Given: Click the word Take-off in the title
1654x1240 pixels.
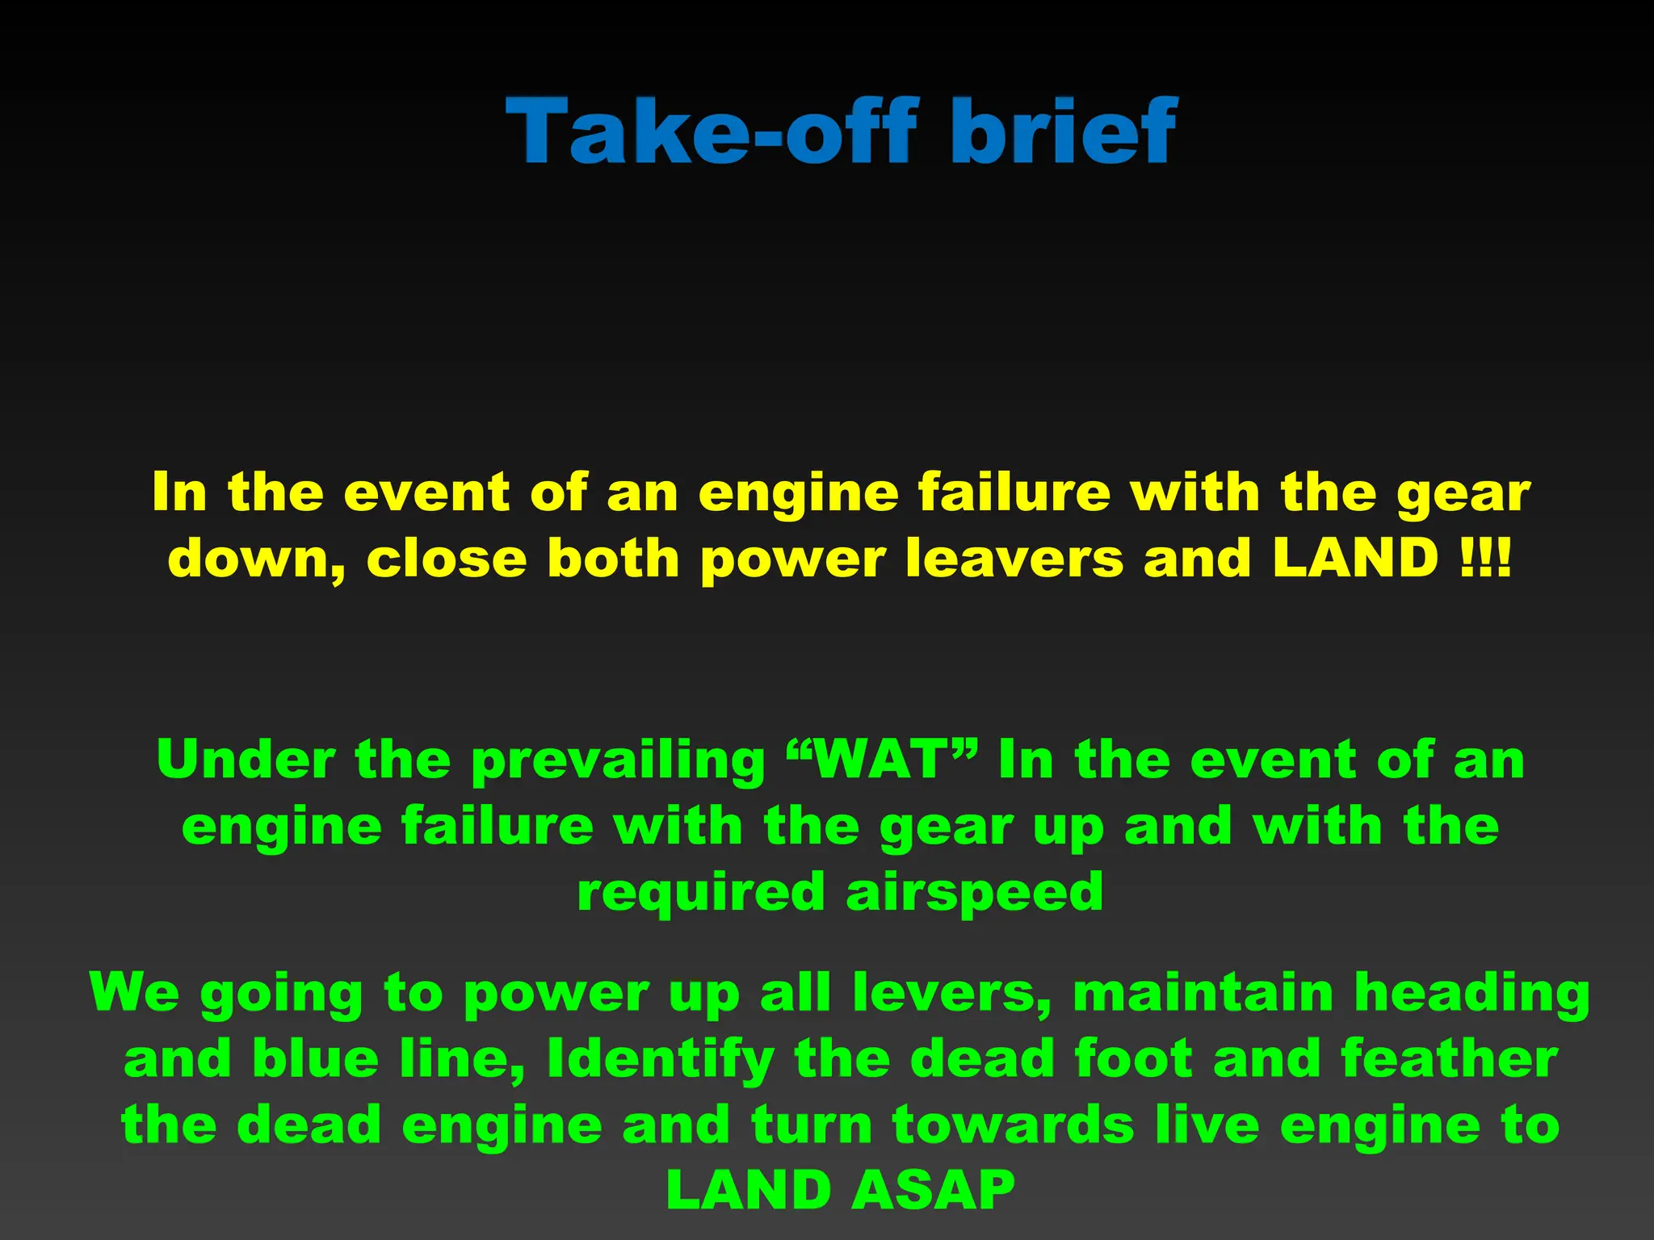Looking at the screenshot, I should tap(711, 131).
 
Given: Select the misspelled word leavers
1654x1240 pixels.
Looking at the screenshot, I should tap(1014, 559).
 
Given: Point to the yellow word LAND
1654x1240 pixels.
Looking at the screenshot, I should tap(1355, 559).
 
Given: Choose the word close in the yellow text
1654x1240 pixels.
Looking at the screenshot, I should tap(445, 559).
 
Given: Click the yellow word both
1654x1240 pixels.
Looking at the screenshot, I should tap(613, 559).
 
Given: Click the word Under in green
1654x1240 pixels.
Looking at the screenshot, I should tap(246, 760).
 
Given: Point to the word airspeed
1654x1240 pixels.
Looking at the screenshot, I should tap(974, 893).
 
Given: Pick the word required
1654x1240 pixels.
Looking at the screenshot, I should tap(700, 893).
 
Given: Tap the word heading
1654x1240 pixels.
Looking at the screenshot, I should tap(1471, 993).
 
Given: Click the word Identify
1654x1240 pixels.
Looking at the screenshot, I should tap(661, 1059).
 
